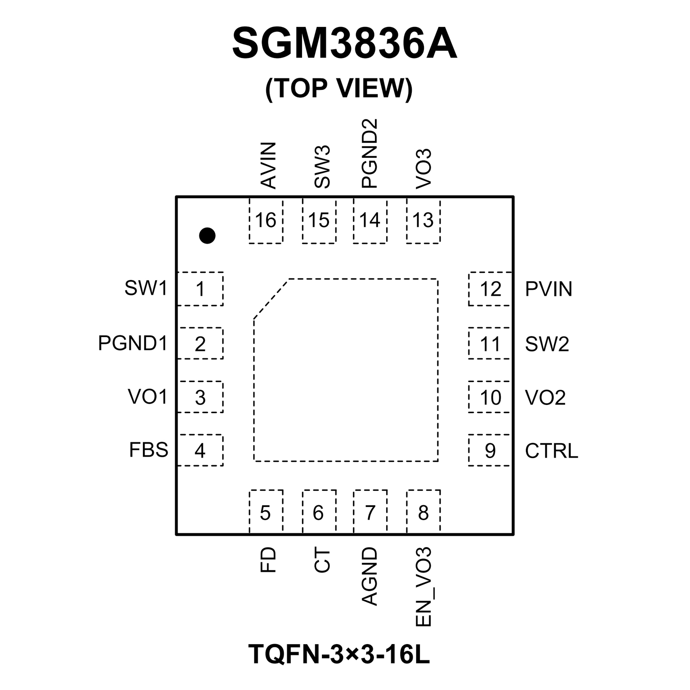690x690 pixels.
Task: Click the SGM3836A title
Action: click(344, 44)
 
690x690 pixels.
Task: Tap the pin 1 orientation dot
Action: click(207, 235)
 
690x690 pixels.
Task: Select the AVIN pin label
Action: click(268, 165)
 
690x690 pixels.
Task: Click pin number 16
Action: click(266, 220)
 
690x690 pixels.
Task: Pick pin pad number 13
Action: click(423, 220)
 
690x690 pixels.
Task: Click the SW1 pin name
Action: click(146, 288)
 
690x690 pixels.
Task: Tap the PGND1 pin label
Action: click(133, 343)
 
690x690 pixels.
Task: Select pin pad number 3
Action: click(200, 397)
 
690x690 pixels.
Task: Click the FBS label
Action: click(148, 450)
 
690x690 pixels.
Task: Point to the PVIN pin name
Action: click(548, 289)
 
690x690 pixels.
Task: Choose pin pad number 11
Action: click(490, 344)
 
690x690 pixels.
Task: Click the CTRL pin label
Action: click(552, 451)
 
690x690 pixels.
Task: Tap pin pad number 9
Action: click(490, 450)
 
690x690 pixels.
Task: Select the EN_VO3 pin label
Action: click(423, 587)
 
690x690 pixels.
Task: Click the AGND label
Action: click(369, 576)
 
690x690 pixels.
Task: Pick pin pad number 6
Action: click(318, 512)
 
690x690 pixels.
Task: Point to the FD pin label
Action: click(268, 560)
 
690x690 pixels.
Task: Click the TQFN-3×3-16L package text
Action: click(339, 654)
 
